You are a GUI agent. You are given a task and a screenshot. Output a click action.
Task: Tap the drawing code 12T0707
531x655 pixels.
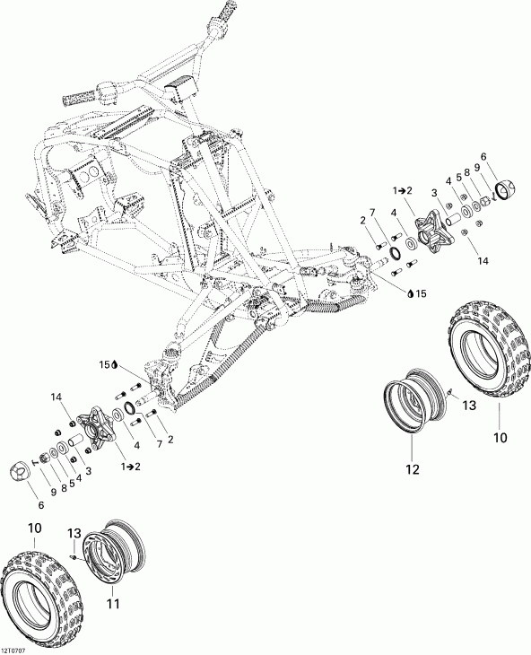(16, 648)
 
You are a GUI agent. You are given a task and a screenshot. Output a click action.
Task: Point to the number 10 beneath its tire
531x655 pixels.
(499, 438)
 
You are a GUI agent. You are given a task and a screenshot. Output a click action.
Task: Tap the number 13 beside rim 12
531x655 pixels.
(467, 407)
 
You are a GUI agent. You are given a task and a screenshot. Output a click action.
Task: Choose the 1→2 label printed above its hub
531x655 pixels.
(403, 189)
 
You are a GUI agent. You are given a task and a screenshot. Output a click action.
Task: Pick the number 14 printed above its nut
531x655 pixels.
(58, 397)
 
